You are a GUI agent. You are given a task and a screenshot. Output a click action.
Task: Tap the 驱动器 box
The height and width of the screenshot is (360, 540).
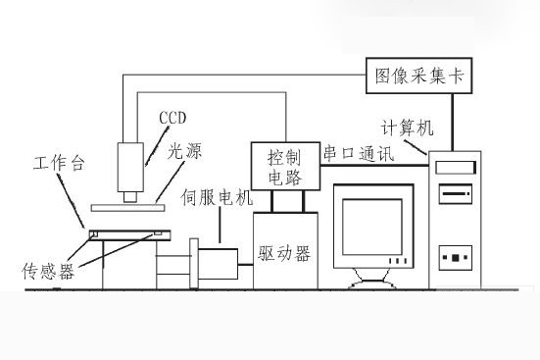(x=283, y=252)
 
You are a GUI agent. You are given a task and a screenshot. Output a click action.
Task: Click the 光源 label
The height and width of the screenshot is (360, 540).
(x=184, y=153)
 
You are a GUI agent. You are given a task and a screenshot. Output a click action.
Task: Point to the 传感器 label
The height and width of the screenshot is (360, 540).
(x=48, y=267)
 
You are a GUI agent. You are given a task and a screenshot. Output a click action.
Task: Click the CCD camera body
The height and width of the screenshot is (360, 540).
(x=130, y=165)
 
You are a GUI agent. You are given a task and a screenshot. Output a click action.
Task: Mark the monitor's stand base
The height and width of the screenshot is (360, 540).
(x=373, y=283)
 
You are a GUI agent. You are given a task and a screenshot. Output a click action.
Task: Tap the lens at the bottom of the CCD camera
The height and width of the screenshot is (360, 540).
(x=129, y=194)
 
